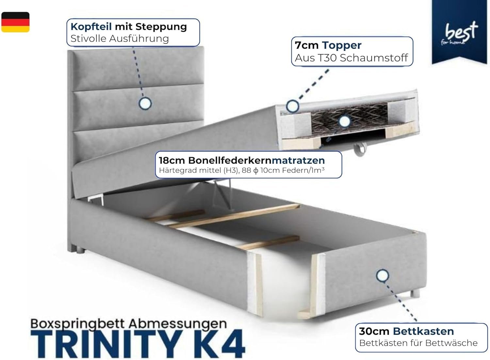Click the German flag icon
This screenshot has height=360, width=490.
15,22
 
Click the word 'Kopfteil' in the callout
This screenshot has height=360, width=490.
91,27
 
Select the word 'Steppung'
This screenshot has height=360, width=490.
161,27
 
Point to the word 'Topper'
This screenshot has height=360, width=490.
342,45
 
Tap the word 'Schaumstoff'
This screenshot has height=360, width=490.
374,58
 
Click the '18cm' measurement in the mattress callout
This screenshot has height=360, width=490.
172,160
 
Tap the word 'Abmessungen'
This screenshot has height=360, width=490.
178,324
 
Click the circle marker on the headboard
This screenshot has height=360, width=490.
145,103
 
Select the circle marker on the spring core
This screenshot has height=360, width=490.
345,121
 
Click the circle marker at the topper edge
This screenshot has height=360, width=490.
292,106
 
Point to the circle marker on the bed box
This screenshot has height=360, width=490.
383,275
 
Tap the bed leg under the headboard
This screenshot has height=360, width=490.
80,250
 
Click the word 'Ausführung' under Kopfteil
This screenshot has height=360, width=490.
139,39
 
